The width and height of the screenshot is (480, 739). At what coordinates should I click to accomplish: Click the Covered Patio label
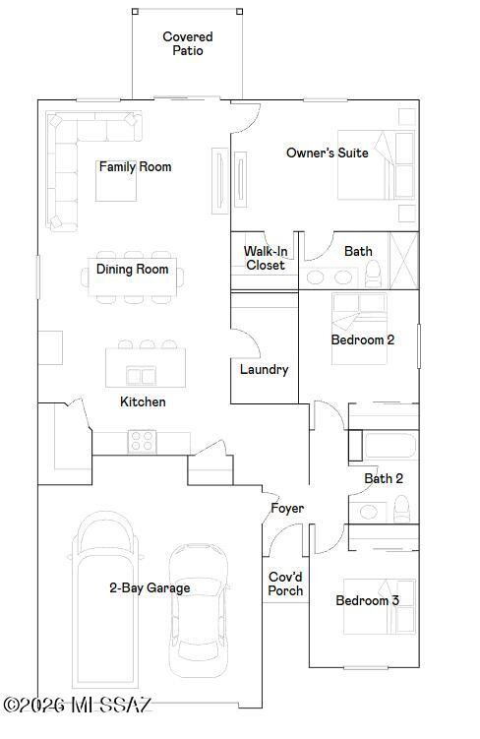click(187, 43)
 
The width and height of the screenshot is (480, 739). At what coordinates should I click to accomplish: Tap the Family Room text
click(135, 166)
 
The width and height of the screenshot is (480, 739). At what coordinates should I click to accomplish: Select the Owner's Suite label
click(327, 153)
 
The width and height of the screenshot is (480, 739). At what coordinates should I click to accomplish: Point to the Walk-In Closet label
click(265, 258)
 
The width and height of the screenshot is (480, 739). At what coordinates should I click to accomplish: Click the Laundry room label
click(264, 369)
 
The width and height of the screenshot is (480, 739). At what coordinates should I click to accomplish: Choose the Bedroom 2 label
click(362, 339)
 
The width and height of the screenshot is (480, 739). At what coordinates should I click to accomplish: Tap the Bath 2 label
click(384, 478)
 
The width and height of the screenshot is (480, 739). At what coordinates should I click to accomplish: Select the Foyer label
click(287, 508)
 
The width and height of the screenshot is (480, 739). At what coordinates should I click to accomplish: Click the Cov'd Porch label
click(286, 584)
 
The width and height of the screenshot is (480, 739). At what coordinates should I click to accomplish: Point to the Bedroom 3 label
click(367, 600)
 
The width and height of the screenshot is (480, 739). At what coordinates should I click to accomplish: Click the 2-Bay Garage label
click(150, 587)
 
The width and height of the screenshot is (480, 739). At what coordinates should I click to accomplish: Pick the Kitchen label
click(143, 401)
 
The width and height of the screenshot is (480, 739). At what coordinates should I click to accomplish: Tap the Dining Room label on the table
click(132, 269)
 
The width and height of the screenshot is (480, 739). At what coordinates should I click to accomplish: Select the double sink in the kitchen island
click(142, 375)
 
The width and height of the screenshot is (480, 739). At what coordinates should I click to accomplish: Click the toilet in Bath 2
click(400, 508)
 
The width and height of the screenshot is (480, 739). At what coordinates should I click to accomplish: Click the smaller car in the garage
click(198, 610)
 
